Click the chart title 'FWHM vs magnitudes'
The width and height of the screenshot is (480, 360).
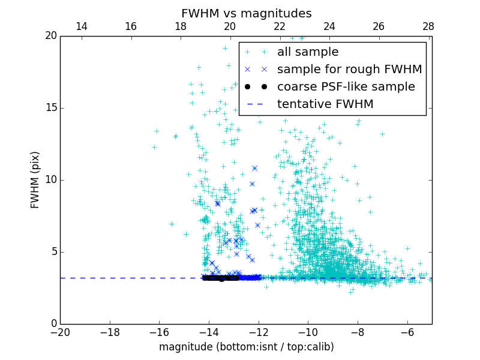click(246, 13)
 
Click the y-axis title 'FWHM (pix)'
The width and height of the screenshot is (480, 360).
click(35, 179)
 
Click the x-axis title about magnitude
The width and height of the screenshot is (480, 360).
click(246, 347)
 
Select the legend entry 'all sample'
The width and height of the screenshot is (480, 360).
click(307, 52)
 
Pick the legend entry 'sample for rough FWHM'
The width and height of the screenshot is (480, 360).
click(349, 70)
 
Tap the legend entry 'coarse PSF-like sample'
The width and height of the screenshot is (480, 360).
click(346, 87)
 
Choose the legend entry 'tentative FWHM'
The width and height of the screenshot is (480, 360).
click(325, 104)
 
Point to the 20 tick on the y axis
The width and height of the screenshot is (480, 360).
click(50, 36)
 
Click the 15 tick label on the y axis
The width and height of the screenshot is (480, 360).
click(50, 108)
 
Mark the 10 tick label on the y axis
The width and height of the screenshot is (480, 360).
click(50, 180)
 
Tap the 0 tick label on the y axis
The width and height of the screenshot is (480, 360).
click(53, 324)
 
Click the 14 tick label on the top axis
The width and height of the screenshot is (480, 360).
click(82, 26)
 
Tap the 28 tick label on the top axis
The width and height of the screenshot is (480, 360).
click(428, 26)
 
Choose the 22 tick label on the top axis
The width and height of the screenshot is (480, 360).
click(280, 26)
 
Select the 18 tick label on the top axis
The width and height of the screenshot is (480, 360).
click(181, 26)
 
